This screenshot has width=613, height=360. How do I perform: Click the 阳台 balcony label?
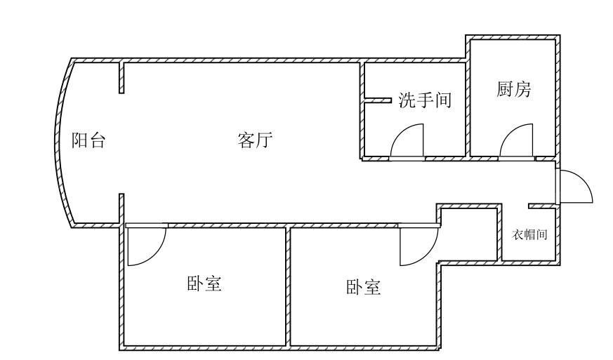[x=89, y=140]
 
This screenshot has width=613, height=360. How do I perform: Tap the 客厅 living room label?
[x=255, y=140]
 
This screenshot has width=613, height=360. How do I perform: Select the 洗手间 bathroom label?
[x=424, y=100]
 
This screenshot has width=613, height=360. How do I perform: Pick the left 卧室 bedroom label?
[x=204, y=284]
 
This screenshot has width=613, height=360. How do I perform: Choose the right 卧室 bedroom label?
[x=364, y=287]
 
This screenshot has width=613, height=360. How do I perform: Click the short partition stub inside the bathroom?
[x=377, y=100]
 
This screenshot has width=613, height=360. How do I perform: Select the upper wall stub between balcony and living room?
[x=121, y=77]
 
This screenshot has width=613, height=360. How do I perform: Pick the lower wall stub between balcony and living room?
[x=121, y=208]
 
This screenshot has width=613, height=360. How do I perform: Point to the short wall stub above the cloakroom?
[x=541, y=206]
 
